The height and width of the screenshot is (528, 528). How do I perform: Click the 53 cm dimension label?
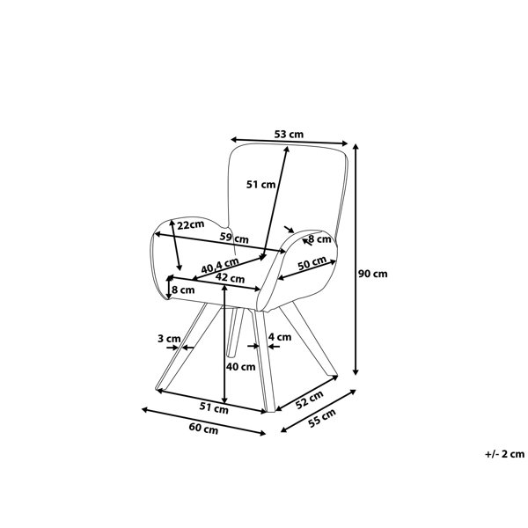click(x=289, y=135)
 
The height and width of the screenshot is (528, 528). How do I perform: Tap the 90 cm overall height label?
click(x=372, y=274)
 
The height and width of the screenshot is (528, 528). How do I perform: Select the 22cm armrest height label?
click(x=191, y=224)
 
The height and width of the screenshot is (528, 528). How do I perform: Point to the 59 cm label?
click(x=234, y=238)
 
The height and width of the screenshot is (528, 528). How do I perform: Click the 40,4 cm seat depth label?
click(x=220, y=266)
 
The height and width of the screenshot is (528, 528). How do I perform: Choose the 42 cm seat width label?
click(x=230, y=278)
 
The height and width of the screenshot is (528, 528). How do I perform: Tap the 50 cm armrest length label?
click(x=312, y=262)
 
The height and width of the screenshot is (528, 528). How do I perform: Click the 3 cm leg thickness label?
click(x=169, y=339)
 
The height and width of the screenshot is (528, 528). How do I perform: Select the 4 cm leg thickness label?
click(x=280, y=337)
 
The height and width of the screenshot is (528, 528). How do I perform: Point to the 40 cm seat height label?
click(x=240, y=367)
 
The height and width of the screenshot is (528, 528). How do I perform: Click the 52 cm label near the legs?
click(x=310, y=400)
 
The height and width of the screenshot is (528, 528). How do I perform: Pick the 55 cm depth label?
click(x=322, y=418)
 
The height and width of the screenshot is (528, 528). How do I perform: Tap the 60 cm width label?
click(x=203, y=429)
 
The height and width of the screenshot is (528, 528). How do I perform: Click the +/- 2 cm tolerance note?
click(x=504, y=454)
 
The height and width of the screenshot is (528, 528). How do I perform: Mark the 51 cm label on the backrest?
click(x=261, y=185)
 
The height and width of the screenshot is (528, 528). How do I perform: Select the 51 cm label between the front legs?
click(x=214, y=407)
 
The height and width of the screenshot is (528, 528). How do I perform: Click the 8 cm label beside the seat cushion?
click(x=183, y=290)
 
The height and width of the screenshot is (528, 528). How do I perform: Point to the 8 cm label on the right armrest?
click(x=320, y=239)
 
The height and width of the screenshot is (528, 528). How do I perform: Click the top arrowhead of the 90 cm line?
click(x=356, y=146)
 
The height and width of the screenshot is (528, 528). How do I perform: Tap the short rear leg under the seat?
click(x=235, y=332)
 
